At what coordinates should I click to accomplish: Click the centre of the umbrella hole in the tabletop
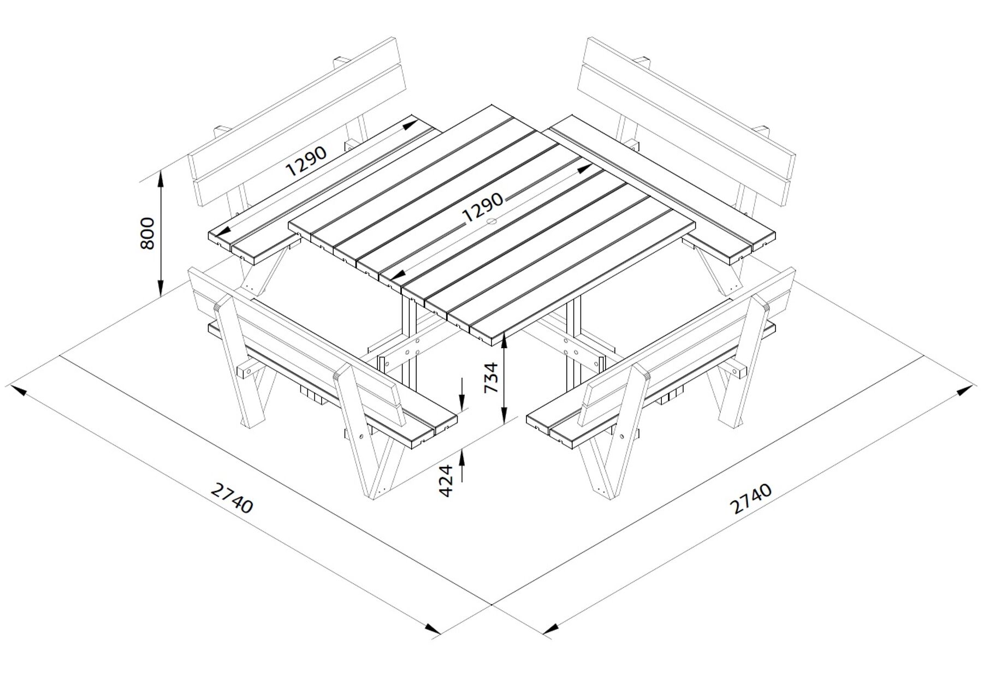point(491,222)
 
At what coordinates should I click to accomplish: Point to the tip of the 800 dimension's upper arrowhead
point(161,170)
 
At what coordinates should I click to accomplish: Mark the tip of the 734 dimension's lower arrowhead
point(505,424)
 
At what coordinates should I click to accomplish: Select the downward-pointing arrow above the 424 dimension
point(462,394)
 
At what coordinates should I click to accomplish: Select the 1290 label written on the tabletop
point(483,207)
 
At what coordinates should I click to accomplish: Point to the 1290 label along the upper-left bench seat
point(306,160)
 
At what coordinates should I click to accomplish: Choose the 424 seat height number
point(446,480)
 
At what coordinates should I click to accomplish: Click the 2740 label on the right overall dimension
point(752,499)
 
